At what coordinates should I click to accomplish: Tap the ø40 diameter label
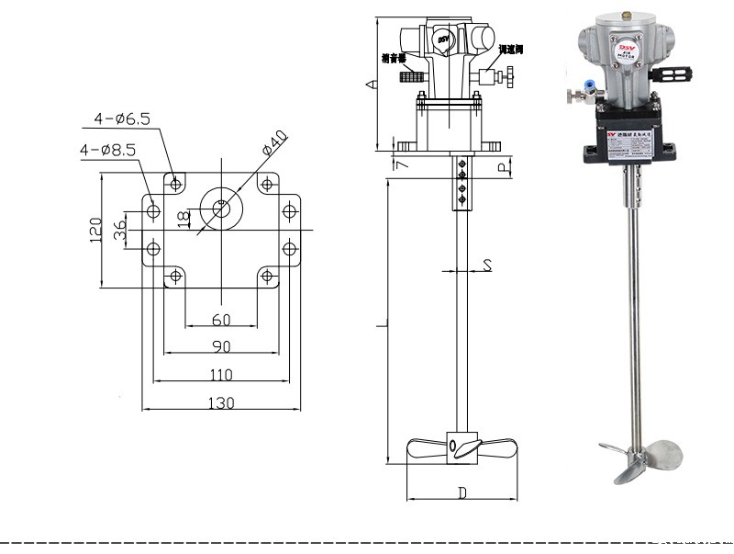274,146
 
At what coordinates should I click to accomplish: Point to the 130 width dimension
220,402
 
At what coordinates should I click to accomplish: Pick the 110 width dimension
220,375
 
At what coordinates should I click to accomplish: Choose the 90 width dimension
221,346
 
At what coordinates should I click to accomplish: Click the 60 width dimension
221,320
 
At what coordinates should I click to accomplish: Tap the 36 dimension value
120,230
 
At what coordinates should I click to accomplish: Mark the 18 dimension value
183,218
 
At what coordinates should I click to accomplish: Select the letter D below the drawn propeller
462,493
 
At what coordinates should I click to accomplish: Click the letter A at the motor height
370,85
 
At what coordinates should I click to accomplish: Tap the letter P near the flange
501,167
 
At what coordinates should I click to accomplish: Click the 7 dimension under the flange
398,164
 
